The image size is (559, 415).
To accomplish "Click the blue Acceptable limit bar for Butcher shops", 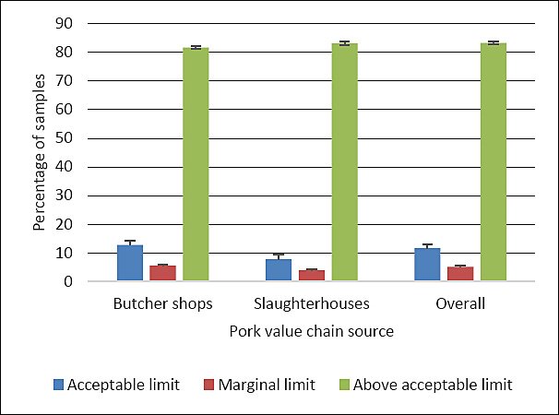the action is point(130,263).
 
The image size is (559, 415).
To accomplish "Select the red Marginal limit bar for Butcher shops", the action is point(162,273).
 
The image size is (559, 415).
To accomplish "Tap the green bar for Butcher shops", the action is point(196,164).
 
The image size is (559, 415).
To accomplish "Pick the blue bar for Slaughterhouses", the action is point(279,270).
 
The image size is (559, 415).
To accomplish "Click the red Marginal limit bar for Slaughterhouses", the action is point(312,275).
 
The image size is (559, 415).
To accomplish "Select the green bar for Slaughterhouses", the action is point(345,162).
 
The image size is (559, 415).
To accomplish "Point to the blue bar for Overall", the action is point(427,264).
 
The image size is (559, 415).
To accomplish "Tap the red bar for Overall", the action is point(460,274).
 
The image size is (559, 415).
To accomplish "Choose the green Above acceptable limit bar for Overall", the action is point(494,162).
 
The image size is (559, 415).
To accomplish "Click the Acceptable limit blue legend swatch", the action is point(58,385).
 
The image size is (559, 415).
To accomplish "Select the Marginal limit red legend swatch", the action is point(209,385).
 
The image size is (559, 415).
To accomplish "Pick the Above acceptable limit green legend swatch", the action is point(344,385).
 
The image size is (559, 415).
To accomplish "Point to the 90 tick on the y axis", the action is point(64,24).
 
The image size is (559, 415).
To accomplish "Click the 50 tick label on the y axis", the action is point(64,138).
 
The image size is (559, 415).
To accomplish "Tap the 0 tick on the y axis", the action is point(68,281).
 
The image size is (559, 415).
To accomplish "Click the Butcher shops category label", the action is point(163,303).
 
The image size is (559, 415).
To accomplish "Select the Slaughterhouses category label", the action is point(312,303).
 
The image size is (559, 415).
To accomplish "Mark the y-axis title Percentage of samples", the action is point(40,152).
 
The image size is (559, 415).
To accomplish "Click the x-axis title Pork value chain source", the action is point(312,331).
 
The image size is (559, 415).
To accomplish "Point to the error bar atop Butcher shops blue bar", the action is point(130,243).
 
